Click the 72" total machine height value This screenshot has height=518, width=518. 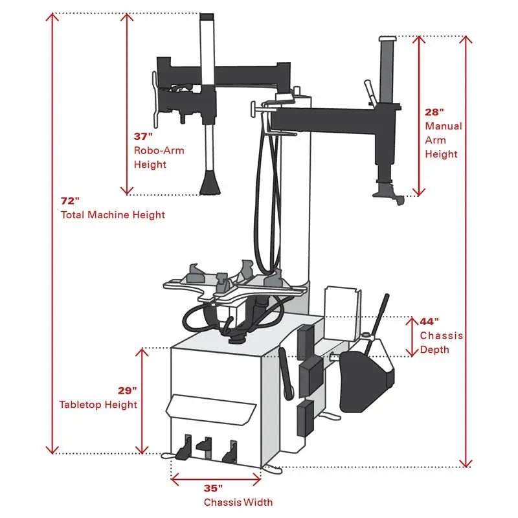point(70,201)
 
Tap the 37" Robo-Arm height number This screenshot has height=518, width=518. point(143,137)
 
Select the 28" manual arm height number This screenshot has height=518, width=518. point(434,111)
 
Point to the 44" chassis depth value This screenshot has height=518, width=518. point(429,321)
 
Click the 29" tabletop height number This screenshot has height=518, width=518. point(127,390)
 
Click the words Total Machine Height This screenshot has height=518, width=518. point(113,215)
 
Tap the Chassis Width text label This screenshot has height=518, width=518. point(238,502)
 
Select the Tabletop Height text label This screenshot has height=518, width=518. point(98,405)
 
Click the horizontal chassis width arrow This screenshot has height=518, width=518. point(216,479)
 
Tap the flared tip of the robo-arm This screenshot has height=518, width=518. point(209,185)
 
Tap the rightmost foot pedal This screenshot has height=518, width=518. point(229,451)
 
